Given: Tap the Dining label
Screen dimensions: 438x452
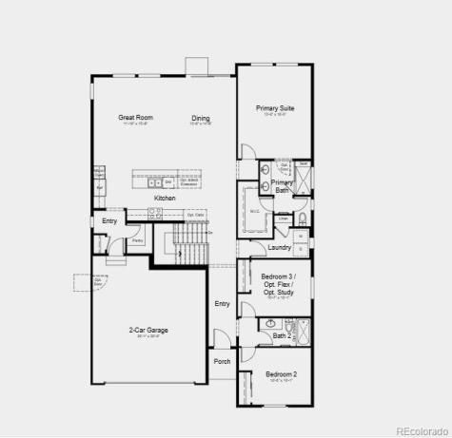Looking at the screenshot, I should pyautogui.click(x=200, y=118).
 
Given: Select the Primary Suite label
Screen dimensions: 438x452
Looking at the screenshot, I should pyautogui.click(x=274, y=108).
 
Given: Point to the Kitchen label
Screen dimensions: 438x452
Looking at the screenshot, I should pyautogui.click(x=165, y=198).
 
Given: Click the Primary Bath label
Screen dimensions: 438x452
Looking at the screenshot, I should pyautogui.click(x=282, y=186).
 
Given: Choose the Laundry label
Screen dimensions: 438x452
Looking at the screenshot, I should pyautogui.click(x=279, y=247).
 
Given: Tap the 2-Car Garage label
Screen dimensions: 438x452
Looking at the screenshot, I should pyautogui.click(x=149, y=330).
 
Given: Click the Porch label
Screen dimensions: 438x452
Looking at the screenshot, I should pyautogui.click(x=222, y=361).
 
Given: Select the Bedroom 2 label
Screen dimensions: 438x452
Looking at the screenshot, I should pyautogui.click(x=281, y=373).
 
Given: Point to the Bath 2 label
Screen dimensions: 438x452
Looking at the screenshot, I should pyautogui.click(x=283, y=335).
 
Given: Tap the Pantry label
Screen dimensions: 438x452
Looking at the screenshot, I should pyautogui.click(x=137, y=241).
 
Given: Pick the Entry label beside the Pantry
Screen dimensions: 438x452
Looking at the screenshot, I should pyautogui.click(x=110, y=221).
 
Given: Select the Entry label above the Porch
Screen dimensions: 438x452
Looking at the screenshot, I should pyautogui.click(x=222, y=304).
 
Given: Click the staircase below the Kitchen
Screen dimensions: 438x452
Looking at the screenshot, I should pyautogui.click(x=190, y=249).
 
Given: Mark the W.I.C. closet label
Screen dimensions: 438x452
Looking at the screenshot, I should pyautogui.click(x=255, y=210).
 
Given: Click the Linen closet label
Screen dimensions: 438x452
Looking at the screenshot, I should pyautogui.click(x=284, y=219).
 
